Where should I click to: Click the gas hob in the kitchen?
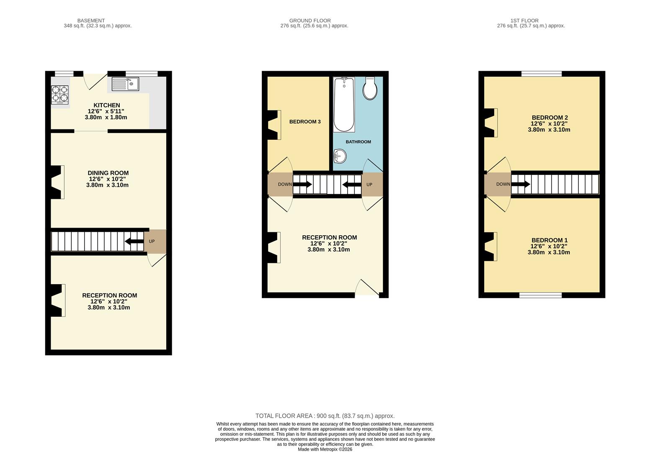[x=60, y=95]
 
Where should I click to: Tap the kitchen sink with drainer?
[x=125, y=84]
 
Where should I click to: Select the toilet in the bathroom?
[x=370, y=88]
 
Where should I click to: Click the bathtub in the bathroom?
[x=344, y=105]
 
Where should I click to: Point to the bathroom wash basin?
[x=340, y=156]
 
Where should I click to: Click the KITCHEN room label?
[x=106, y=105]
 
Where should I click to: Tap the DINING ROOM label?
[x=108, y=173]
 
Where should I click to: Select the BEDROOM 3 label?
[x=305, y=122]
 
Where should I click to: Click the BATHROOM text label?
[x=359, y=142]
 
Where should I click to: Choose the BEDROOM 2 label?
[x=550, y=118]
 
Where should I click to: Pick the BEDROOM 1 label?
[x=549, y=240]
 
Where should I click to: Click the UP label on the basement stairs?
[x=152, y=241]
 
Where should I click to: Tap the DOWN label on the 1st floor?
[x=503, y=184]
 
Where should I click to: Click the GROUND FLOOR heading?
[x=310, y=21]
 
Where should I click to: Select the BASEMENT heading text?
[x=91, y=21]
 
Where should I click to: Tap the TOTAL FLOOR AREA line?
[x=325, y=416]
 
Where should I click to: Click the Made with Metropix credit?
[x=325, y=449]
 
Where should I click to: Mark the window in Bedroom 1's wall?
[x=540, y=295]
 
